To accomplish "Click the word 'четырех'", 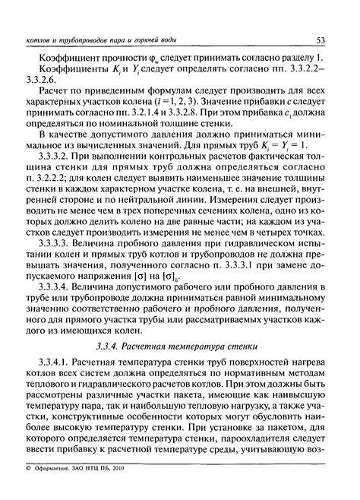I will (279, 248).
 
